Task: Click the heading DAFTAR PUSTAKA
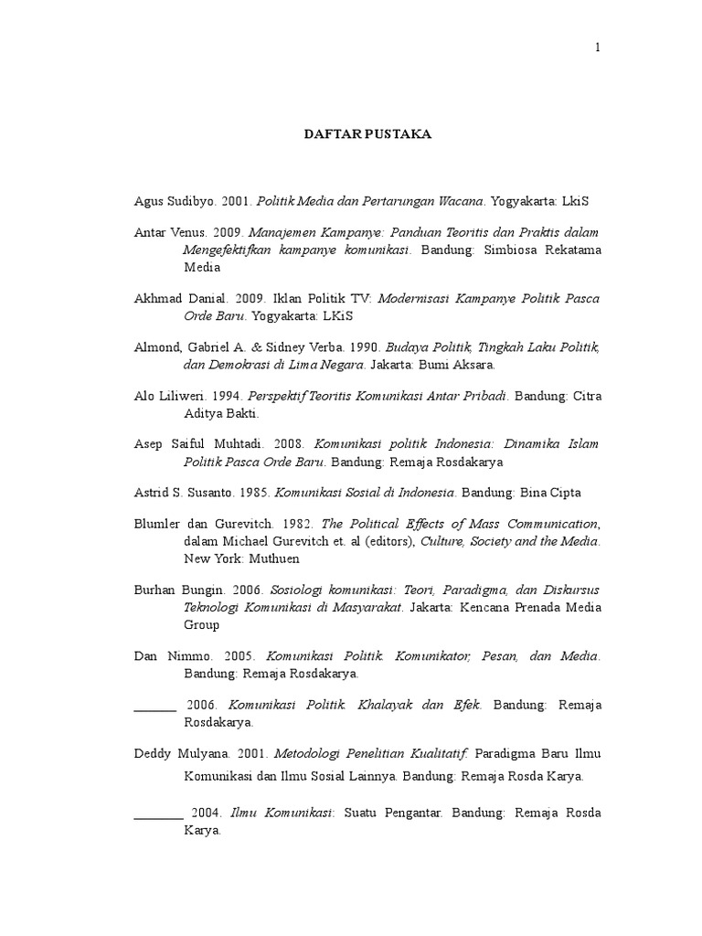[x=367, y=134]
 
